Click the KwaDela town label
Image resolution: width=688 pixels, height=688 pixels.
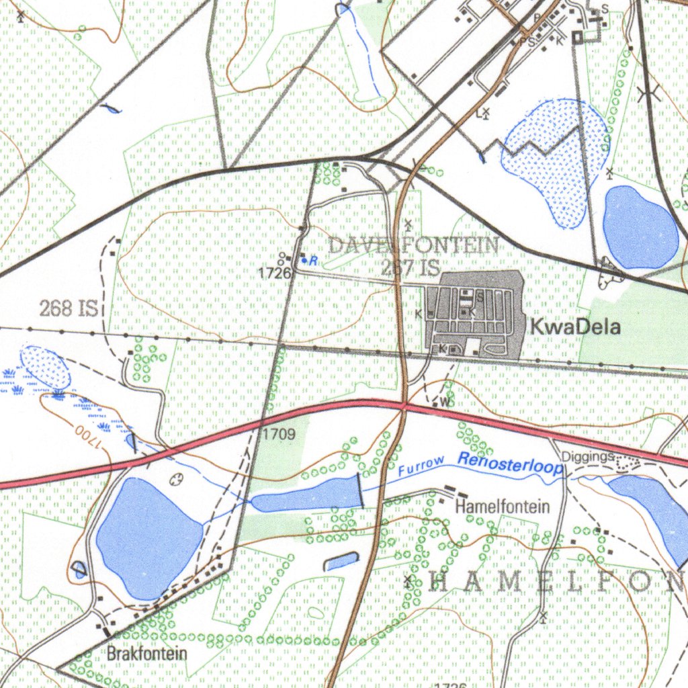574,327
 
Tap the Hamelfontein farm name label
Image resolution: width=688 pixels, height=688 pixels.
502,507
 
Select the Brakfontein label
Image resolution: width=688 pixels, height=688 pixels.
147,652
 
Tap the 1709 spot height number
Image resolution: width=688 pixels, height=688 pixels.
278,434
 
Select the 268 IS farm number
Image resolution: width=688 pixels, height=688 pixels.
69,308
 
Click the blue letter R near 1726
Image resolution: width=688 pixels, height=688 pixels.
313,260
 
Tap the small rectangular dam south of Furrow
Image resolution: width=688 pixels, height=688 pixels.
341,561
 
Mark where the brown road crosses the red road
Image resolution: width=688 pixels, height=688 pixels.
403,404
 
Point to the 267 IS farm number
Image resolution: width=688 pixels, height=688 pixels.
410,267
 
